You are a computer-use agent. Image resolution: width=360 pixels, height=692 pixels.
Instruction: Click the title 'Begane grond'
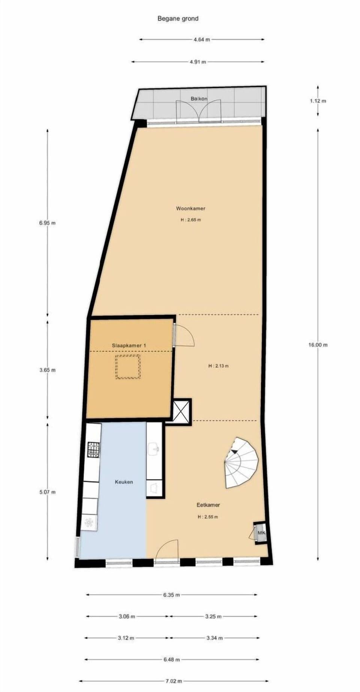[178, 18]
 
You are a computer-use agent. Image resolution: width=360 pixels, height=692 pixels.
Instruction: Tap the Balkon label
[199, 99]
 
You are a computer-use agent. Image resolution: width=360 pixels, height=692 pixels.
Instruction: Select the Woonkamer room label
[190, 208]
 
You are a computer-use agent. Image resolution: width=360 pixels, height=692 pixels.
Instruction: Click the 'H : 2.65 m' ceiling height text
[190, 220]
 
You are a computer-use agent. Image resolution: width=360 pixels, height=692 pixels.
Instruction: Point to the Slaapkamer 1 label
[129, 345]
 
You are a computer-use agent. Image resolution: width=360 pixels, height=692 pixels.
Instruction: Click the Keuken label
[124, 482]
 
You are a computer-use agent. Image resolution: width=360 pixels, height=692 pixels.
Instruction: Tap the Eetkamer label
[208, 505]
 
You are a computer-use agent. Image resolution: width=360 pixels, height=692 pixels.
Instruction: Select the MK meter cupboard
[261, 533]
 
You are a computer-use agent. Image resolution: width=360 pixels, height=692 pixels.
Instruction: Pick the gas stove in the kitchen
[94, 449]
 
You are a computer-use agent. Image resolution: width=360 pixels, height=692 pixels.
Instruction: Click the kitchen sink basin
[154, 448]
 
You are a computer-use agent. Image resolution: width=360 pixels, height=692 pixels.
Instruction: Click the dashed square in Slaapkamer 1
[128, 367]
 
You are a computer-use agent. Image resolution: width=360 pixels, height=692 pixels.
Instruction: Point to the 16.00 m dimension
[318, 345]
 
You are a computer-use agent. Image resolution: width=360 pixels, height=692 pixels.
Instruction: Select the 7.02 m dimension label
[174, 681]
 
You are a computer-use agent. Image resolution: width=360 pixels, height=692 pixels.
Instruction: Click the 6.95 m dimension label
[47, 223]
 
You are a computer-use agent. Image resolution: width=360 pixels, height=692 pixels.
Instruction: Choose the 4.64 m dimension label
[202, 39]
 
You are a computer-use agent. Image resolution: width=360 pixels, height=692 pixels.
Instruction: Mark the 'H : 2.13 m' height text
[218, 366]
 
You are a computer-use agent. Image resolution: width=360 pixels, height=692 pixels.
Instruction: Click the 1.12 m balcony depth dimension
[318, 101]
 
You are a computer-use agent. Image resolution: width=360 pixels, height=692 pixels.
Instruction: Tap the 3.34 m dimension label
[214, 638]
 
